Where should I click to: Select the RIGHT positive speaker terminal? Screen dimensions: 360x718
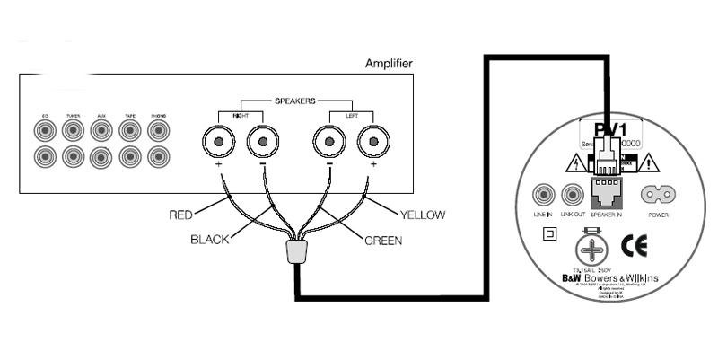(218, 142)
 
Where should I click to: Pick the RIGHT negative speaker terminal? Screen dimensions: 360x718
(260, 142)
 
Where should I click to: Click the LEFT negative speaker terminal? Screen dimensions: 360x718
(328, 142)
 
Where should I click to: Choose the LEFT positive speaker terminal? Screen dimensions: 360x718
(371, 142)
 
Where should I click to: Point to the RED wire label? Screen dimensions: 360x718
(186, 215)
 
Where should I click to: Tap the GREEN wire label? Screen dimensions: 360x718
(381, 240)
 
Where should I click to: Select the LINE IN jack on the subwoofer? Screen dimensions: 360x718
(542, 194)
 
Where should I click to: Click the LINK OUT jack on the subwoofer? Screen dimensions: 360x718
(571, 194)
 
